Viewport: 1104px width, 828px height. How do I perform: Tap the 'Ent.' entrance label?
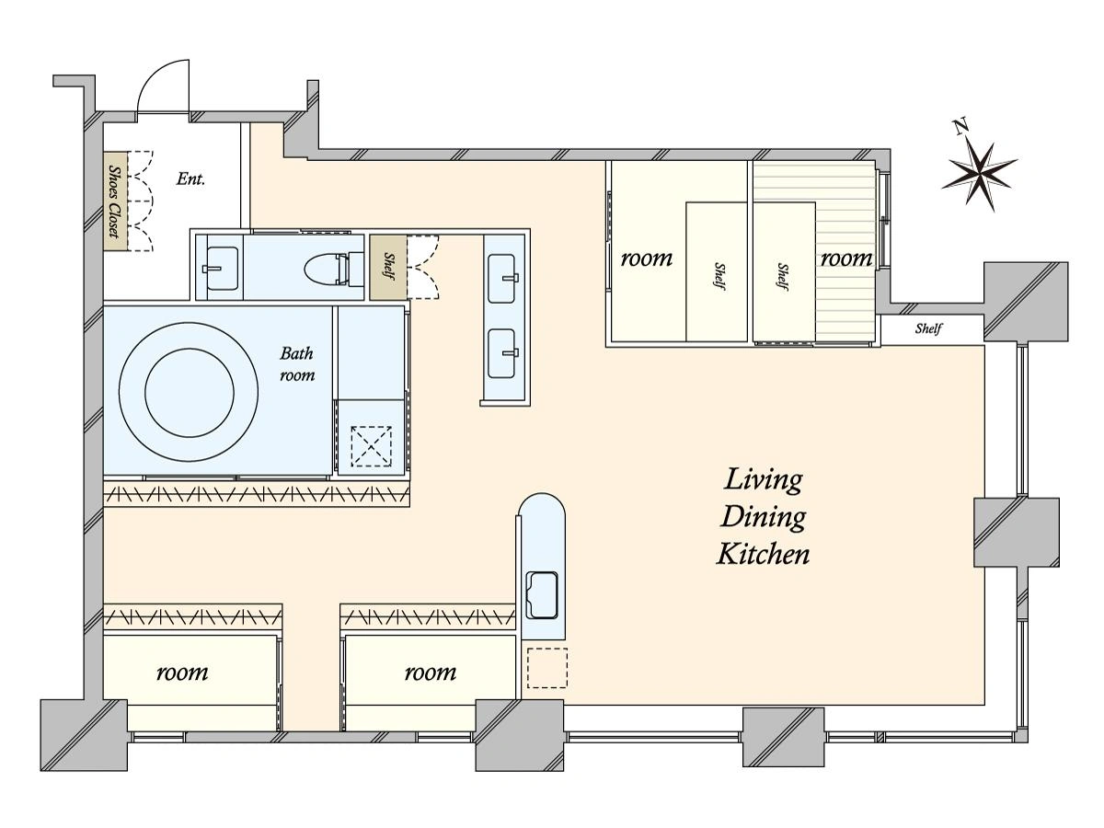tap(190, 179)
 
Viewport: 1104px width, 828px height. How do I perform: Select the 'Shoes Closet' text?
tap(115, 202)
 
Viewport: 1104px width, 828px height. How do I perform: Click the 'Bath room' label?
tap(297, 364)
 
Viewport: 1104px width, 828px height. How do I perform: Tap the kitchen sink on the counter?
tap(542, 595)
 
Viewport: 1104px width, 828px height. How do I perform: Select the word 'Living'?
tap(763, 480)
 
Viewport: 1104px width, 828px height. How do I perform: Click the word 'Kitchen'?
tap(763, 555)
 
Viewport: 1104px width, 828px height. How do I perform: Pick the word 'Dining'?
tap(763, 518)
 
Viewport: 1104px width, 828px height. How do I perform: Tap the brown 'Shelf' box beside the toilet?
tap(388, 268)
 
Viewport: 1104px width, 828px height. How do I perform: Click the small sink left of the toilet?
tap(222, 268)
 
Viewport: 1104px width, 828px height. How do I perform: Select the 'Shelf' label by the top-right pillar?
tap(928, 328)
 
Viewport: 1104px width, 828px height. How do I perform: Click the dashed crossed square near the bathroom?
tap(371, 446)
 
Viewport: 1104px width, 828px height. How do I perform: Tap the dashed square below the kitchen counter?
tap(547, 668)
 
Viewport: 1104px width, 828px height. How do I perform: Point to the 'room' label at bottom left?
tap(182, 673)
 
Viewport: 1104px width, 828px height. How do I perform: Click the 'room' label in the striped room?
tap(847, 259)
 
